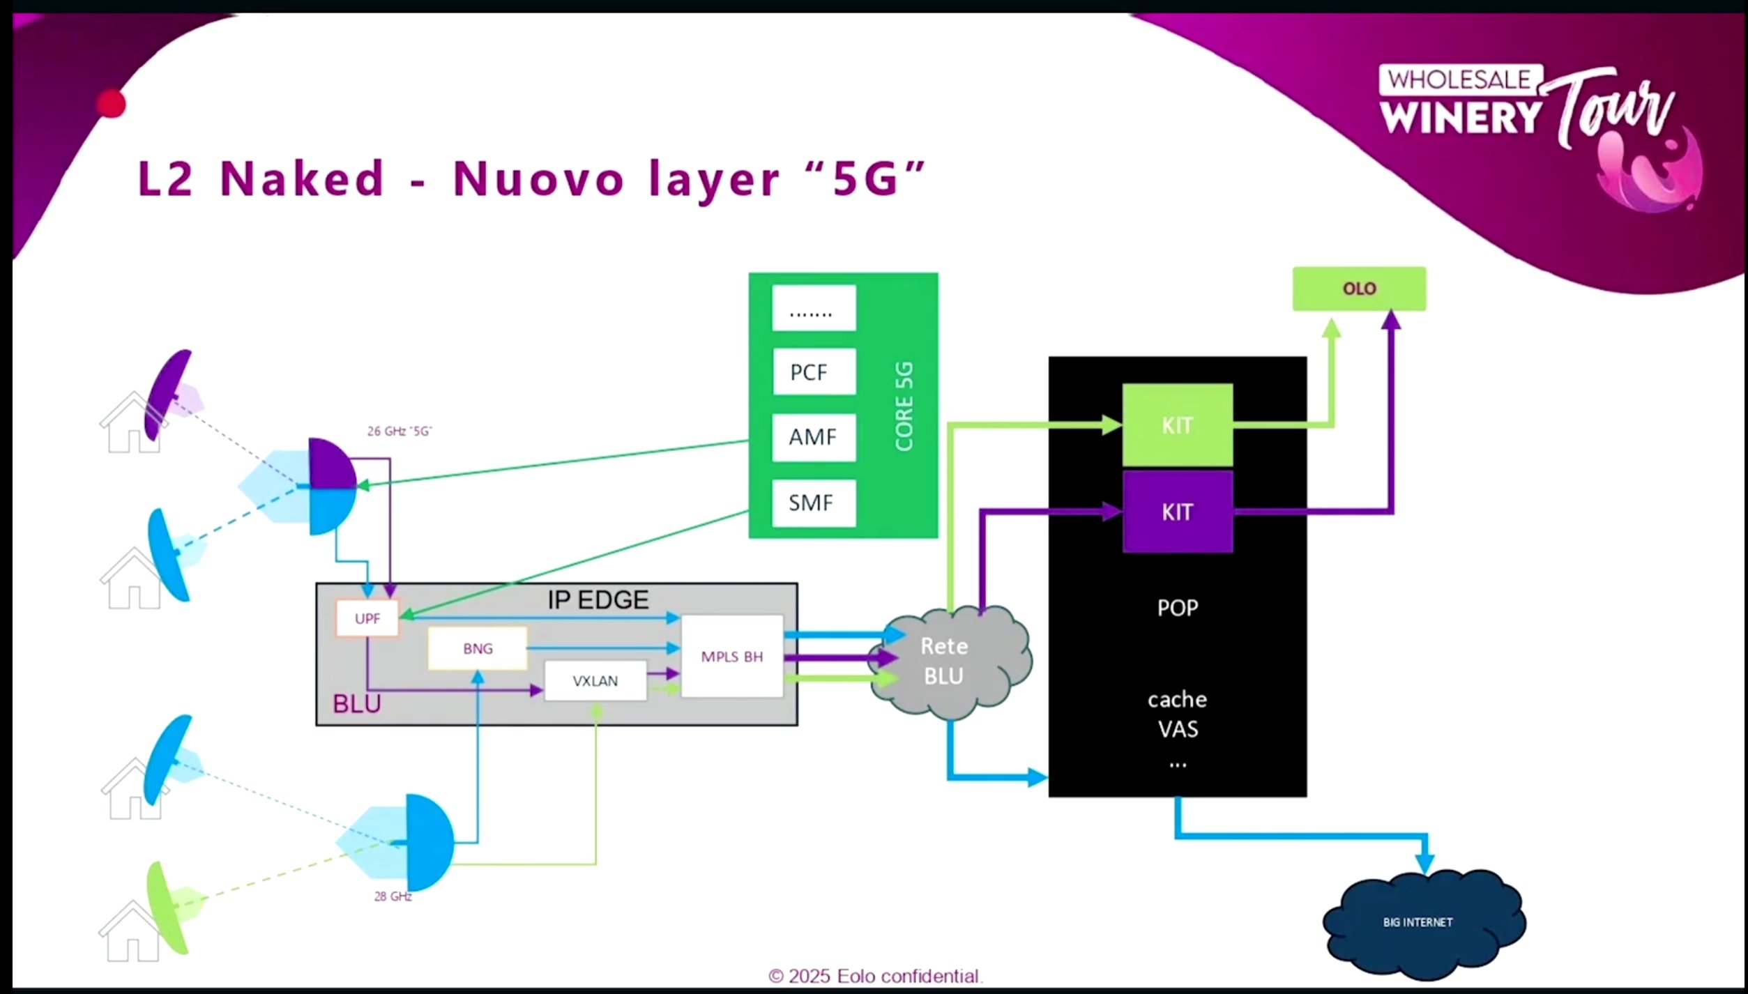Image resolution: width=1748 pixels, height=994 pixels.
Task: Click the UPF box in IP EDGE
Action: click(x=367, y=618)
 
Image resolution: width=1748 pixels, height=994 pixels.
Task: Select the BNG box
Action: click(x=478, y=649)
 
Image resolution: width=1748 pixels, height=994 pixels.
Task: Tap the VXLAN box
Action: click(x=595, y=681)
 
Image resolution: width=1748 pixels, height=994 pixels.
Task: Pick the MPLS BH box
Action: click(x=731, y=657)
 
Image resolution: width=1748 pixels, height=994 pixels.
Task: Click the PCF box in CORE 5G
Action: click(x=814, y=372)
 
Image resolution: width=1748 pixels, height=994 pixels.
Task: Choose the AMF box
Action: click(x=814, y=437)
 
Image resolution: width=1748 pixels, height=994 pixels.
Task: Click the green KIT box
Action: click(x=1177, y=425)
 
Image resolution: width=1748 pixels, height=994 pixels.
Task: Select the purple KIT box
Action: click(x=1177, y=512)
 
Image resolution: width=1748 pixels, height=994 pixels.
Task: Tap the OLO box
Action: click(x=1359, y=289)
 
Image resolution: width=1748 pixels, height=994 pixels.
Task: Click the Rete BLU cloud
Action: click(x=945, y=661)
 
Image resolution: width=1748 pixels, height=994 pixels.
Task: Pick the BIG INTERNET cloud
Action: click(x=1419, y=922)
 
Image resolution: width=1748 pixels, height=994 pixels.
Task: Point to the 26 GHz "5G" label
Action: click(x=400, y=431)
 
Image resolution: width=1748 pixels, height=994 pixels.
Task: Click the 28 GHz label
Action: click(x=393, y=896)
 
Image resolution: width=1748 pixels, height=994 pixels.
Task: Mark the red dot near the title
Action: click(x=111, y=105)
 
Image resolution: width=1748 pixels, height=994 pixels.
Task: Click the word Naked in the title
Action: click(x=302, y=178)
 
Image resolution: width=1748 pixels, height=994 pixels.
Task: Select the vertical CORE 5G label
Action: click(x=904, y=406)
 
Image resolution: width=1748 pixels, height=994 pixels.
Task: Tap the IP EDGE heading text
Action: click(x=598, y=599)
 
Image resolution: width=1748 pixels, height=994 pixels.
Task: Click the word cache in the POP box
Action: click(x=1177, y=699)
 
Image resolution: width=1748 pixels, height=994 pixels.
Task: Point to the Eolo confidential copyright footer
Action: click(x=875, y=976)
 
